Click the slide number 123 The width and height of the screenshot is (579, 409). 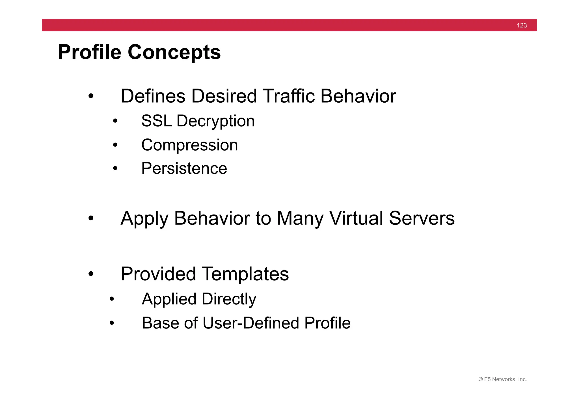pyautogui.click(x=522, y=25)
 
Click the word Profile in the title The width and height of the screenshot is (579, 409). pyautogui.click(x=89, y=52)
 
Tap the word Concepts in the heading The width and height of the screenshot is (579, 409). pyautogui.click(x=174, y=52)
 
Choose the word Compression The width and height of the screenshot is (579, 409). pyautogui.click(x=189, y=145)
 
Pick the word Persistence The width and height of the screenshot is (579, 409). pyautogui.click(x=184, y=168)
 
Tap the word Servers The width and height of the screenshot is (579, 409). pyautogui.click(x=422, y=218)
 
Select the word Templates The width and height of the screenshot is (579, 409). pyautogui.click(x=245, y=274)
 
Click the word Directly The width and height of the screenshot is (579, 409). pyautogui.click(x=229, y=299)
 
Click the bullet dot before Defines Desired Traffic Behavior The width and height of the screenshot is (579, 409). pyautogui.click(x=91, y=96)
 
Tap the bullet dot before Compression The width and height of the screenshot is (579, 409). pyautogui.click(x=115, y=145)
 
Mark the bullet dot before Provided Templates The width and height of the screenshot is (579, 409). pyautogui.click(x=91, y=274)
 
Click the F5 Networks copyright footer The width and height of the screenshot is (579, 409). pyautogui.click(x=502, y=379)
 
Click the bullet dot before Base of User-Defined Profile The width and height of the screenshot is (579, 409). pyautogui.click(x=112, y=323)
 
